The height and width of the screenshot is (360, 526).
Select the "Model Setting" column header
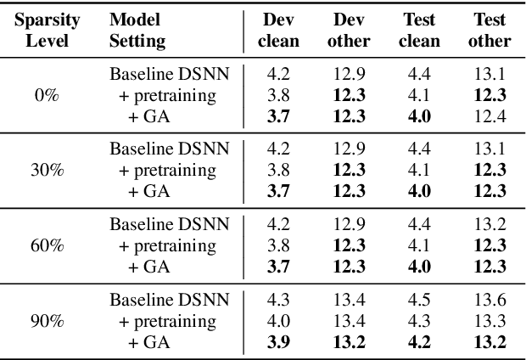point(138,30)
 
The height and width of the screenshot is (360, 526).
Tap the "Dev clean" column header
point(279,30)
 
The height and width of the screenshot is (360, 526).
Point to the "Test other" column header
point(490,30)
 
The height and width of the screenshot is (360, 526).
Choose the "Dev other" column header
point(349,30)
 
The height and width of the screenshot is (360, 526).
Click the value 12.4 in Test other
point(490,115)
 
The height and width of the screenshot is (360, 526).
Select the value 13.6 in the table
point(490,301)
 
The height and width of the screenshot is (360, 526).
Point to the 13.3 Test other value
point(490,321)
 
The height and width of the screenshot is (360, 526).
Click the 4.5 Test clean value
point(419,301)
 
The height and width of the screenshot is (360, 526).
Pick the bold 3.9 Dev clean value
point(279,341)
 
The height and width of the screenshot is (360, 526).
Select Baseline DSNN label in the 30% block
point(168,149)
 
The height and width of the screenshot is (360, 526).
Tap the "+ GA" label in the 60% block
point(149,266)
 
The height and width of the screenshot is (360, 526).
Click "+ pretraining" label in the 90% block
point(168,321)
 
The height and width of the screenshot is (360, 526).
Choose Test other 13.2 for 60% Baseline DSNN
point(490,225)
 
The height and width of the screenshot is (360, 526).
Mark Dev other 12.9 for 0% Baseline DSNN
point(349,74)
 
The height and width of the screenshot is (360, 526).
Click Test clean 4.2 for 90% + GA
point(419,341)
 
